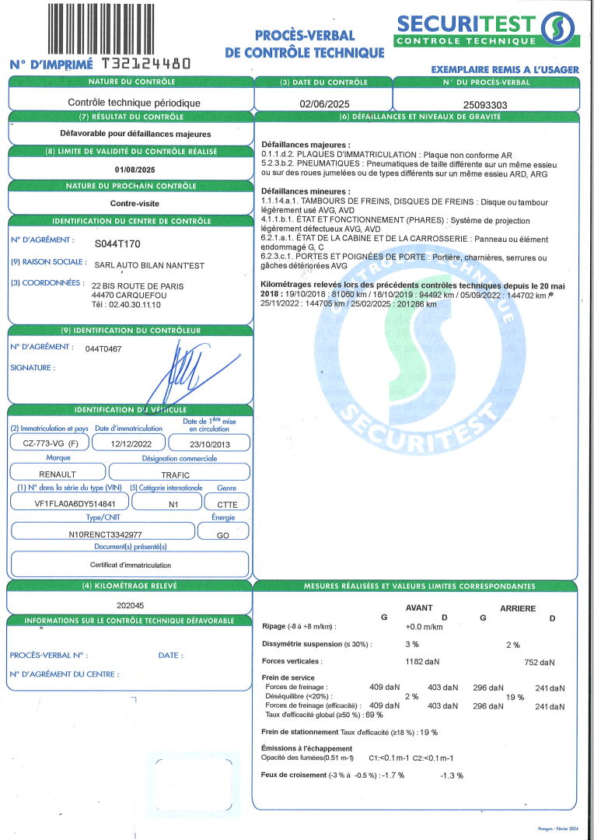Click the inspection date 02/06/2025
tap(324, 103)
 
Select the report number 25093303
tap(485, 103)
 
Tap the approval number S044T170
tap(117, 243)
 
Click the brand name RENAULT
tap(58, 473)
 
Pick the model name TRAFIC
tap(176, 473)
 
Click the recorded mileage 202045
tap(131, 604)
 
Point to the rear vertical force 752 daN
tap(540, 663)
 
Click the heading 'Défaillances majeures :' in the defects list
tap(306, 145)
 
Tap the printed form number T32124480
tap(144, 65)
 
